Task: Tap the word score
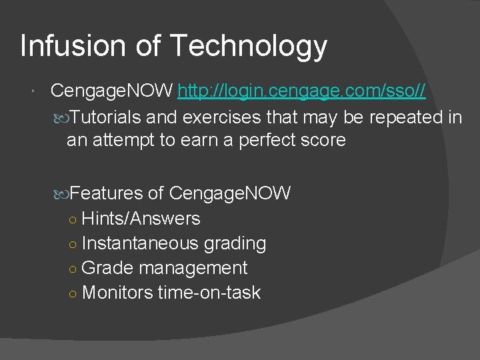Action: pyautogui.click(x=323, y=140)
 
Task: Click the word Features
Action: pyautogui.click(x=107, y=193)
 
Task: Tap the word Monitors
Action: pyautogui.click(x=117, y=293)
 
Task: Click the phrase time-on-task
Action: pyautogui.click(x=209, y=293)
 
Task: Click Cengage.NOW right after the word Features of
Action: pyautogui.click(x=230, y=193)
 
